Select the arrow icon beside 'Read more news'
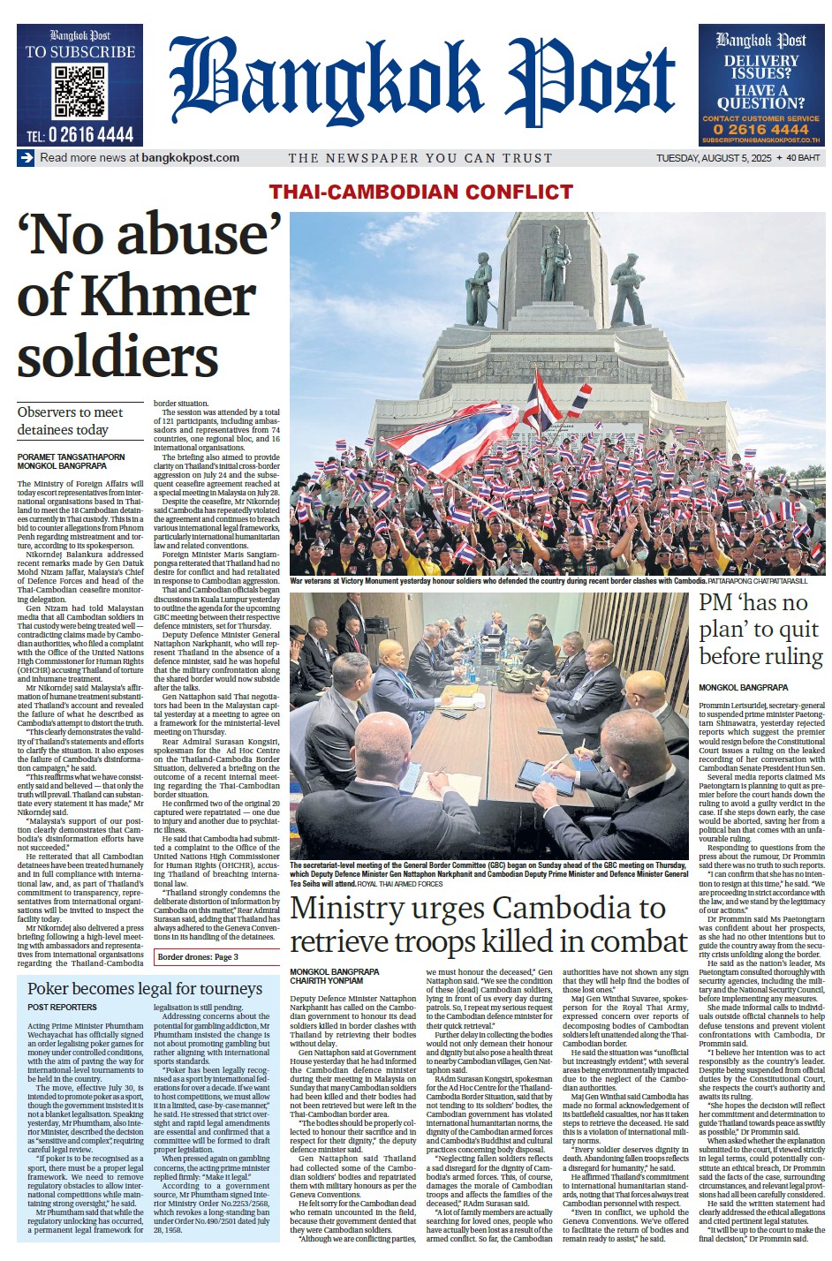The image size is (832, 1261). pyautogui.click(x=26, y=158)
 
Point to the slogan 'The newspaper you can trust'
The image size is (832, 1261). pyautogui.click(x=420, y=158)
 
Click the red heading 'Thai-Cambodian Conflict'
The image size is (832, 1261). pyautogui.click(x=421, y=192)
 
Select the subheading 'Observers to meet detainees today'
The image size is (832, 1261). pyautogui.click(x=71, y=421)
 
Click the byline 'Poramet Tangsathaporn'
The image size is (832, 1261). pyautogui.click(x=72, y=457)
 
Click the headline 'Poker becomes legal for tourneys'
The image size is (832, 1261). pyautogui.click(x=145, y=988)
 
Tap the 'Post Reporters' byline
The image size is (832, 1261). pyautogui.click(x=62, y=1008)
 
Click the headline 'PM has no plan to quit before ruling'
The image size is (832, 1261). pyautogui.click(x=759, y=630)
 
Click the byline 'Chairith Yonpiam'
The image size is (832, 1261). pyautogui.click(x=326, y=980)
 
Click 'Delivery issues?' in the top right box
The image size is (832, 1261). pyautogui.click(x=760, y=66)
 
